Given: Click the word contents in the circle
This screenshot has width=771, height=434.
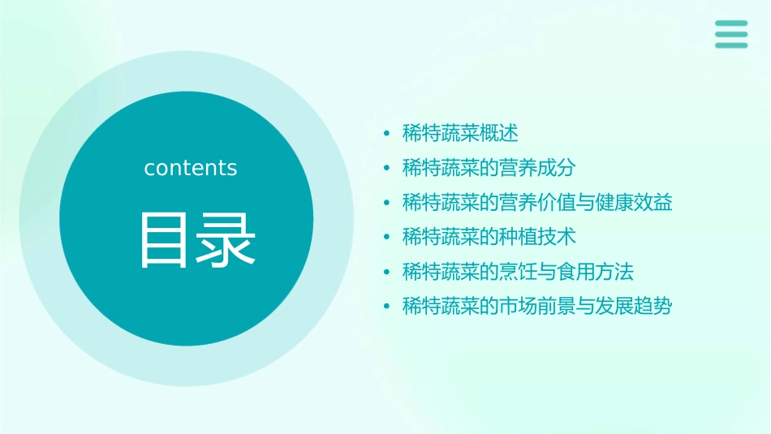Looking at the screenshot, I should tap(191, 168).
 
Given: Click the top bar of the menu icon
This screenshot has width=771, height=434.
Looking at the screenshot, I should tap(730, 23).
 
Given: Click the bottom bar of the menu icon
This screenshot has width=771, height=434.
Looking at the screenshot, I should tap(730, 45).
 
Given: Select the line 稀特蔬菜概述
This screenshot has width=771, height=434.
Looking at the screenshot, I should tap(460, 133).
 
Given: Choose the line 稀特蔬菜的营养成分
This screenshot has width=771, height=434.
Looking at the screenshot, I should tap(489, 168).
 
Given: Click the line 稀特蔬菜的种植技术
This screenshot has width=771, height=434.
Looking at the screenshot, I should tap(489, 237).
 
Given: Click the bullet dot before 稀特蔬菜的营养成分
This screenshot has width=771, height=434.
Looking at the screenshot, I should tap(386, 169).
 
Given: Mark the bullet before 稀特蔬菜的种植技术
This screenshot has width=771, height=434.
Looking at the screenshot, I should tap(386, 238).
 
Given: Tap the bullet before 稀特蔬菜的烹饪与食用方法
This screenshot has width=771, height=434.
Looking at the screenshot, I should tap(386, 273).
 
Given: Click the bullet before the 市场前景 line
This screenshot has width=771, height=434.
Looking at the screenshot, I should tap(386, 307).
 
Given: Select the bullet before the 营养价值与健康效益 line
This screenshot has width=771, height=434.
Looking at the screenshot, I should tap(386, 204).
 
